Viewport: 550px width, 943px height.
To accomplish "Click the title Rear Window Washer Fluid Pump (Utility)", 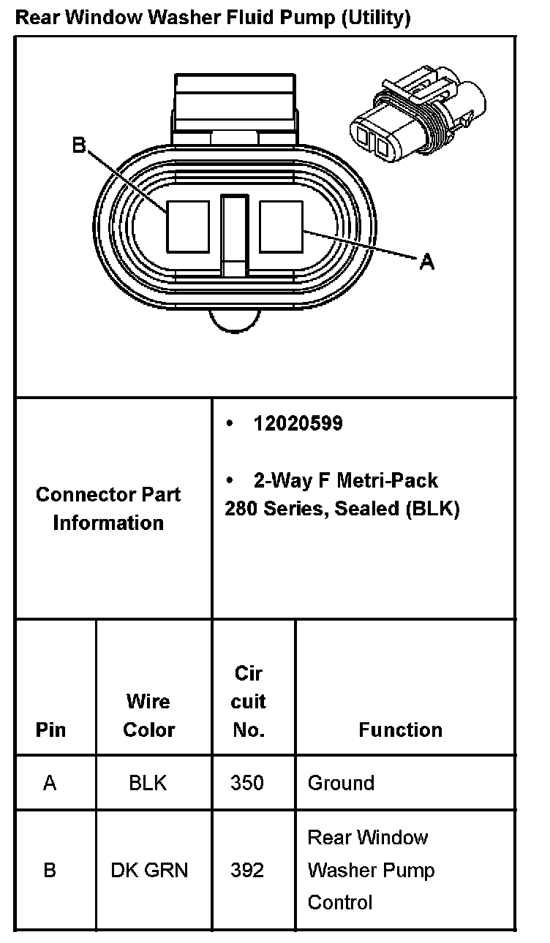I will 213,18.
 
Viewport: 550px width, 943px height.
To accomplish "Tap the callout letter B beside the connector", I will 79,145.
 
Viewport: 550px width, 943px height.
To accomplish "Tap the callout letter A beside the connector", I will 427,261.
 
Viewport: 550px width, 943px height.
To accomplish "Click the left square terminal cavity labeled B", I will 189,226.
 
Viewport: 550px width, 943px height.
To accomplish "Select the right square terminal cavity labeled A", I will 281,226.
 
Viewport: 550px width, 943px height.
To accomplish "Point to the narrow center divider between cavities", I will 235,234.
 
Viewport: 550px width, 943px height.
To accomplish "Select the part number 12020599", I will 298,423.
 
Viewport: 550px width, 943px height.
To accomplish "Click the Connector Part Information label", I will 108,508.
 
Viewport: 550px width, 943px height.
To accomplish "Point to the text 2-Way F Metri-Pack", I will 345,480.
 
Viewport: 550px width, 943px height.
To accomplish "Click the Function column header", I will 400,730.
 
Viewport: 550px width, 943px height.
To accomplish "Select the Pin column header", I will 50,730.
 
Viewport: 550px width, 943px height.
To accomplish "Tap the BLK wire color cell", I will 148,783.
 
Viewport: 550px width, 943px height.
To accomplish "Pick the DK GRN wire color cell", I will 149,870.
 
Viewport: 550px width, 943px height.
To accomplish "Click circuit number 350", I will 247,783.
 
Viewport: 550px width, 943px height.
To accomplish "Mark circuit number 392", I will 247,870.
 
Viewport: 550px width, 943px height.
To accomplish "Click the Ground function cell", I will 341,783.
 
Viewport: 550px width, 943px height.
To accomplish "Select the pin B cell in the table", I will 50,870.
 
